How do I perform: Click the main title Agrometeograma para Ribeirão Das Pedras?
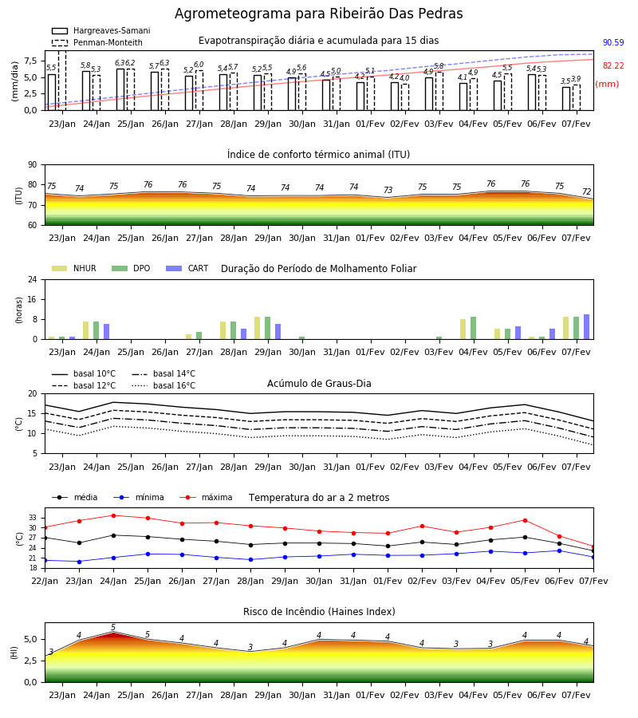coord(318,14)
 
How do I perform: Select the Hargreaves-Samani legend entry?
coord(100,30)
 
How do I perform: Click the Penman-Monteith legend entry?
coord(97,42)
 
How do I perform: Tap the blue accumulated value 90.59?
coord(613,42)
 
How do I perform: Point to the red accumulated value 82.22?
coord(613,65)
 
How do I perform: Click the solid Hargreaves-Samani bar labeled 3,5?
coord(566,98)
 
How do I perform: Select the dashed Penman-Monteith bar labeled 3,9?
coord(577,97)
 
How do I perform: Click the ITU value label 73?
coord(388,190)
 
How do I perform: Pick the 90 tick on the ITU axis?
coord(33,165)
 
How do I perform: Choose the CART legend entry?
coord(187,268)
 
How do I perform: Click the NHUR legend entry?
coord(74,268)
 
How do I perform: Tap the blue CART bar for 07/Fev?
coord(586,327)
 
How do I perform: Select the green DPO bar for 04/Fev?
coord(473,328)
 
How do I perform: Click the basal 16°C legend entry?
coord(163,385)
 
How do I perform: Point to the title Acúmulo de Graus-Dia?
coord(319,383)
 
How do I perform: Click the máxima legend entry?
coord(206,497)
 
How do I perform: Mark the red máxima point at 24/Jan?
coord(113,515)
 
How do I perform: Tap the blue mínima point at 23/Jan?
coord(79,562)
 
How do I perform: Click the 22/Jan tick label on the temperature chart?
coord(45,581)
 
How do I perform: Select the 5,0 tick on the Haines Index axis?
coord(30,640)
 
